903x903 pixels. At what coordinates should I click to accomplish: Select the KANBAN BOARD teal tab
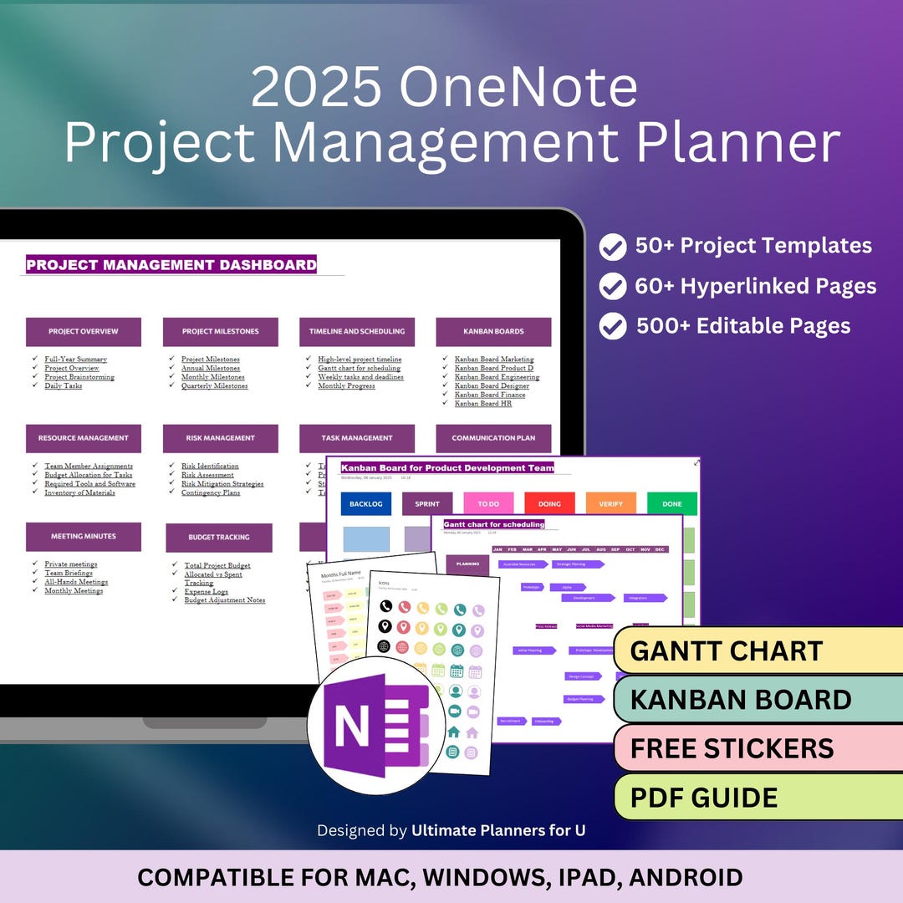coord(740,700)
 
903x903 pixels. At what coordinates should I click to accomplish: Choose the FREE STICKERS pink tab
coord(732,747)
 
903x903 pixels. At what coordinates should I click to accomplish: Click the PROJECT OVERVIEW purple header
coord(84,332)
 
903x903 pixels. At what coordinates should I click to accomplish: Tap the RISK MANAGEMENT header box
coord(220,438)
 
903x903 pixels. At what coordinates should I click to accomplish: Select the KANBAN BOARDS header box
coord(493,332)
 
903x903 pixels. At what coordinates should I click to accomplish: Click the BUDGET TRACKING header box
coord(219,538)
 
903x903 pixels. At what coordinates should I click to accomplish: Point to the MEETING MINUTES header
coord(84,537)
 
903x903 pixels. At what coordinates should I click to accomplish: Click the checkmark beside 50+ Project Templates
coord(613,247)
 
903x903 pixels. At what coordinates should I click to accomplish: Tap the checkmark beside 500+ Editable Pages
coord(613,326)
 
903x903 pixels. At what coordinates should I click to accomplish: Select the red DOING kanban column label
coord(549,504)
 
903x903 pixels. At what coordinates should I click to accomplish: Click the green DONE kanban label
coord(671,504)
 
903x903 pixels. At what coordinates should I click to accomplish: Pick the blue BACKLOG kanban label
coord(365,504)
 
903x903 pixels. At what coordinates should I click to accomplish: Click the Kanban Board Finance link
coord(490,395)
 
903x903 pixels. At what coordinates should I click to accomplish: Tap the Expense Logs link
coord(206,591)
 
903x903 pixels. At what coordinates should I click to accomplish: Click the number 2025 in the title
coord(316,88)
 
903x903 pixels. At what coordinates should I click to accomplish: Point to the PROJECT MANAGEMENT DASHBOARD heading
coord(171,265)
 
